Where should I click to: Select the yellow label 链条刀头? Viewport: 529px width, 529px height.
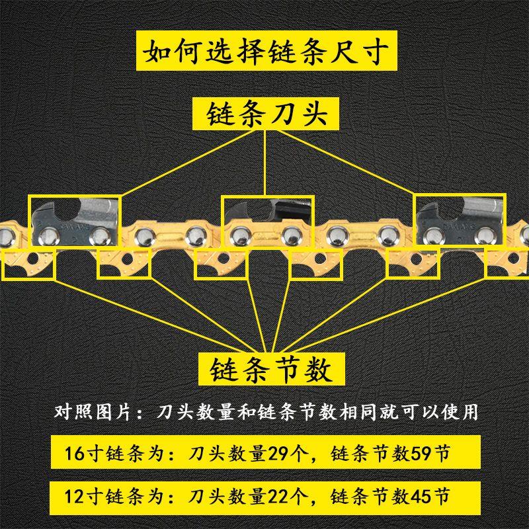point(267,112)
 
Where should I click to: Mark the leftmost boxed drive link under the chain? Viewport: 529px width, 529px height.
point(29,263)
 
